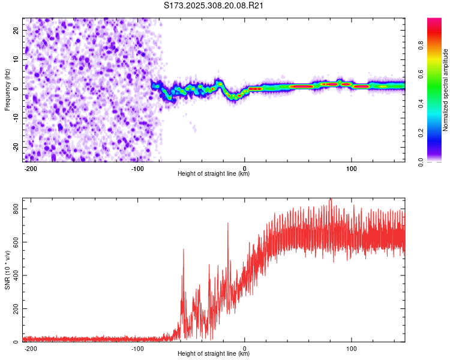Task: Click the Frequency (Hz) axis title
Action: point(7,89)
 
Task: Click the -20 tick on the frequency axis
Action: point(16,148)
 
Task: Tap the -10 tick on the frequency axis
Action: point(16,118)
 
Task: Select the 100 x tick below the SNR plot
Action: point(352,348)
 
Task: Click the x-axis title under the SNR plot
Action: point(214,354)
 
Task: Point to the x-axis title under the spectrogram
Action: point(214,174)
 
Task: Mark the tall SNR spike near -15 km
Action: point(228,223)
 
